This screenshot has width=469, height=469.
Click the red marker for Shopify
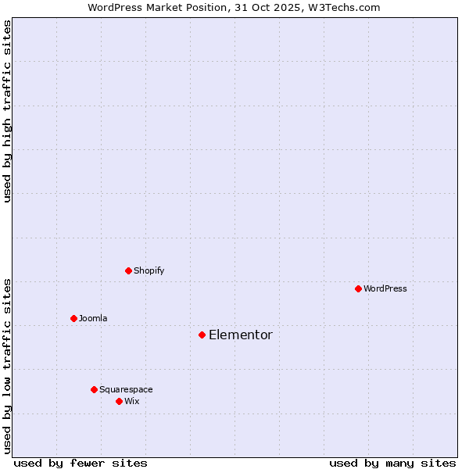pos(128,270)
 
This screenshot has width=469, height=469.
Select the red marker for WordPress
pos(358,288)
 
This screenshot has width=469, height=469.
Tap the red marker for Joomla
pos(73,318)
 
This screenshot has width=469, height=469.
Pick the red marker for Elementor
pos(202,335)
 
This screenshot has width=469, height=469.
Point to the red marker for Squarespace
pos(94,389)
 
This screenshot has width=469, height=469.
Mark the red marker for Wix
pos(119,401)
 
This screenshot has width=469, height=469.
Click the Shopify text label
pos(149,270)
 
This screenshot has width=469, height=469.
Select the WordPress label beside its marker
pos(385,288)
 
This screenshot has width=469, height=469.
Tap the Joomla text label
pos(93,318)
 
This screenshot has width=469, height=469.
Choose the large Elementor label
pos(240,335)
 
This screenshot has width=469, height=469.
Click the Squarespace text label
pos(126,389)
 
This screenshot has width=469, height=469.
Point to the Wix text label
pos(131,401)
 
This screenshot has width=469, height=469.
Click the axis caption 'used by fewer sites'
pos(81,463)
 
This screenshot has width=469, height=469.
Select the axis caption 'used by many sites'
pos(392,463)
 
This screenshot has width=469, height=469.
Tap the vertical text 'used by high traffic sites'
pos(7,111)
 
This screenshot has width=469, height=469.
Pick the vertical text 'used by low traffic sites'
pos(7,365)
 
